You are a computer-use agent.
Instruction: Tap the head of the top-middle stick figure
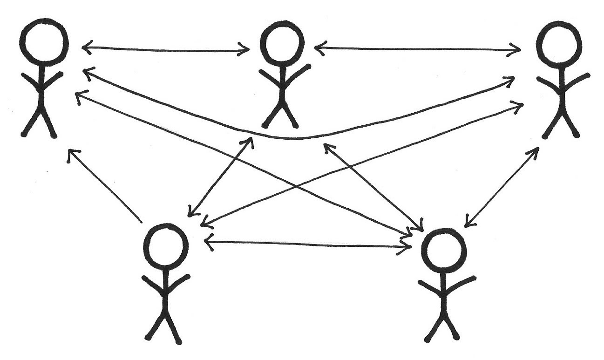[x=282, y=45]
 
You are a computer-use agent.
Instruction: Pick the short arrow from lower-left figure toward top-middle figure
[x=219, y=177]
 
